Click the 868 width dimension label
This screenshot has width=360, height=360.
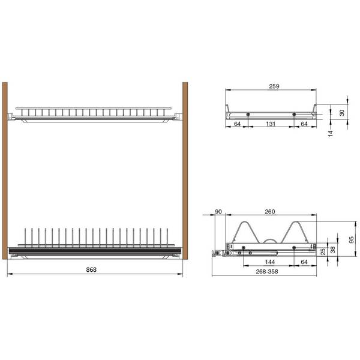[91, 269]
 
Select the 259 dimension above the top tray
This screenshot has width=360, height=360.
[274, 86]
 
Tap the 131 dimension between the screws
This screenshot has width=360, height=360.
[271, 124]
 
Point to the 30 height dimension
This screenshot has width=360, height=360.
[342, 113]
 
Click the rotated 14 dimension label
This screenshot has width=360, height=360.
[330, 134]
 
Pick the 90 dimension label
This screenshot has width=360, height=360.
[218, 212]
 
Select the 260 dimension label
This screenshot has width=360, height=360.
[270, 212]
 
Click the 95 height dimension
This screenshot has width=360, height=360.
[351, 240]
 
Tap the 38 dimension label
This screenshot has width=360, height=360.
[332, 250]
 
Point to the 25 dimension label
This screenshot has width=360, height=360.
[323, 251]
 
